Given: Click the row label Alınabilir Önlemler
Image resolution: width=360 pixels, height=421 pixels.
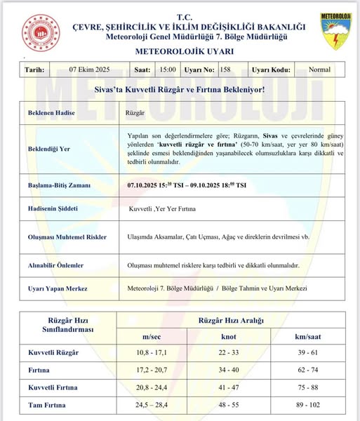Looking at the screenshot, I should click(x=55, y=265).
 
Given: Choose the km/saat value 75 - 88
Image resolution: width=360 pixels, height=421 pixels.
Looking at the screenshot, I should click(x=309, y=387).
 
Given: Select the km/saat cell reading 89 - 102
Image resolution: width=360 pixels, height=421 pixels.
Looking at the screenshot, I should click(x=309, y=406).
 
